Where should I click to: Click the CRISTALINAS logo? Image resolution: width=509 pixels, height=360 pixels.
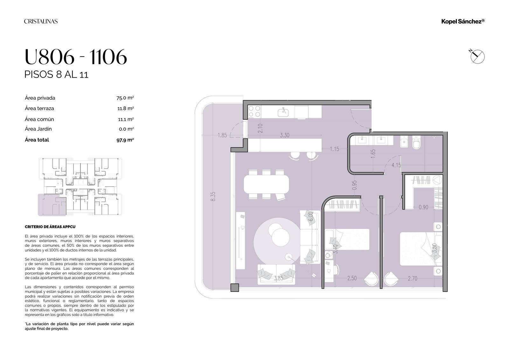(x=41, y=21)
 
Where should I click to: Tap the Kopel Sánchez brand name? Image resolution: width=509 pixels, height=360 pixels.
(x=463, y=21)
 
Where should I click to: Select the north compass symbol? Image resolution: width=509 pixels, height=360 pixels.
(x=477, y=56)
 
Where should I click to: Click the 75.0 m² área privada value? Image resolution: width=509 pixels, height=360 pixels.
(x=125, y=98)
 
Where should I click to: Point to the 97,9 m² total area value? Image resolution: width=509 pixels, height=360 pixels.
(x=125, y=140)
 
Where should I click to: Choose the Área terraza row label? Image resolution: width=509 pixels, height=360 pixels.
(x=39, y=109)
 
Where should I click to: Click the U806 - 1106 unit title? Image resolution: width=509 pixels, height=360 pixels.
(x=76, y=57)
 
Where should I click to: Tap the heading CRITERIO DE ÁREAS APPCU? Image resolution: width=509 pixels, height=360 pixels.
(x=50, y=227)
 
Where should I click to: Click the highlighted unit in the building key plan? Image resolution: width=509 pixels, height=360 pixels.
(x=52, y=205)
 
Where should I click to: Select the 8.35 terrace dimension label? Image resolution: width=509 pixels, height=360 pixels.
(x=213, y=196)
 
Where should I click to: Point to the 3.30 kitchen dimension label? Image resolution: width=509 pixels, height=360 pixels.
(x=284, y=135)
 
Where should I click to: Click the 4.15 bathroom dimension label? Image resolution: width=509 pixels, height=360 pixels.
(x=396, y=165)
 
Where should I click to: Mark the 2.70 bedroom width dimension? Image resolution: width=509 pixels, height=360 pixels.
(x=412, y=279)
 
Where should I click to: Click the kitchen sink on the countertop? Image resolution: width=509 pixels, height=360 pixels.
(x=283, y=112)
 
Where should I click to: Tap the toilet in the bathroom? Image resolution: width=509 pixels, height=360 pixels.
(x=416, y=142)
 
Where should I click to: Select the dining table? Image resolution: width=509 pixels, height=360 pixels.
(x=266, y=184)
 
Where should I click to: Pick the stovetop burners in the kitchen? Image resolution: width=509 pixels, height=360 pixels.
(x=254, y=111)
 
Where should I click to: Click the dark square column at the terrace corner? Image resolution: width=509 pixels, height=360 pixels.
(x=235, y=287)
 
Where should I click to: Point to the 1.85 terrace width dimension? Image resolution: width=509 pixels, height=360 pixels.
(x=222, y=135)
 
